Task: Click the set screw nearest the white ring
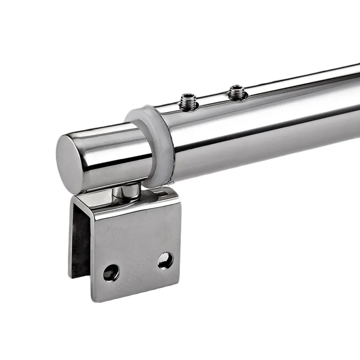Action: tap(189, 101)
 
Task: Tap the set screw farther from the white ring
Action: tap(236, 92)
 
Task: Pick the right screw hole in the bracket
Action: tap(165, 261)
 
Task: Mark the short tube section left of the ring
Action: tap(112, 144)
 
